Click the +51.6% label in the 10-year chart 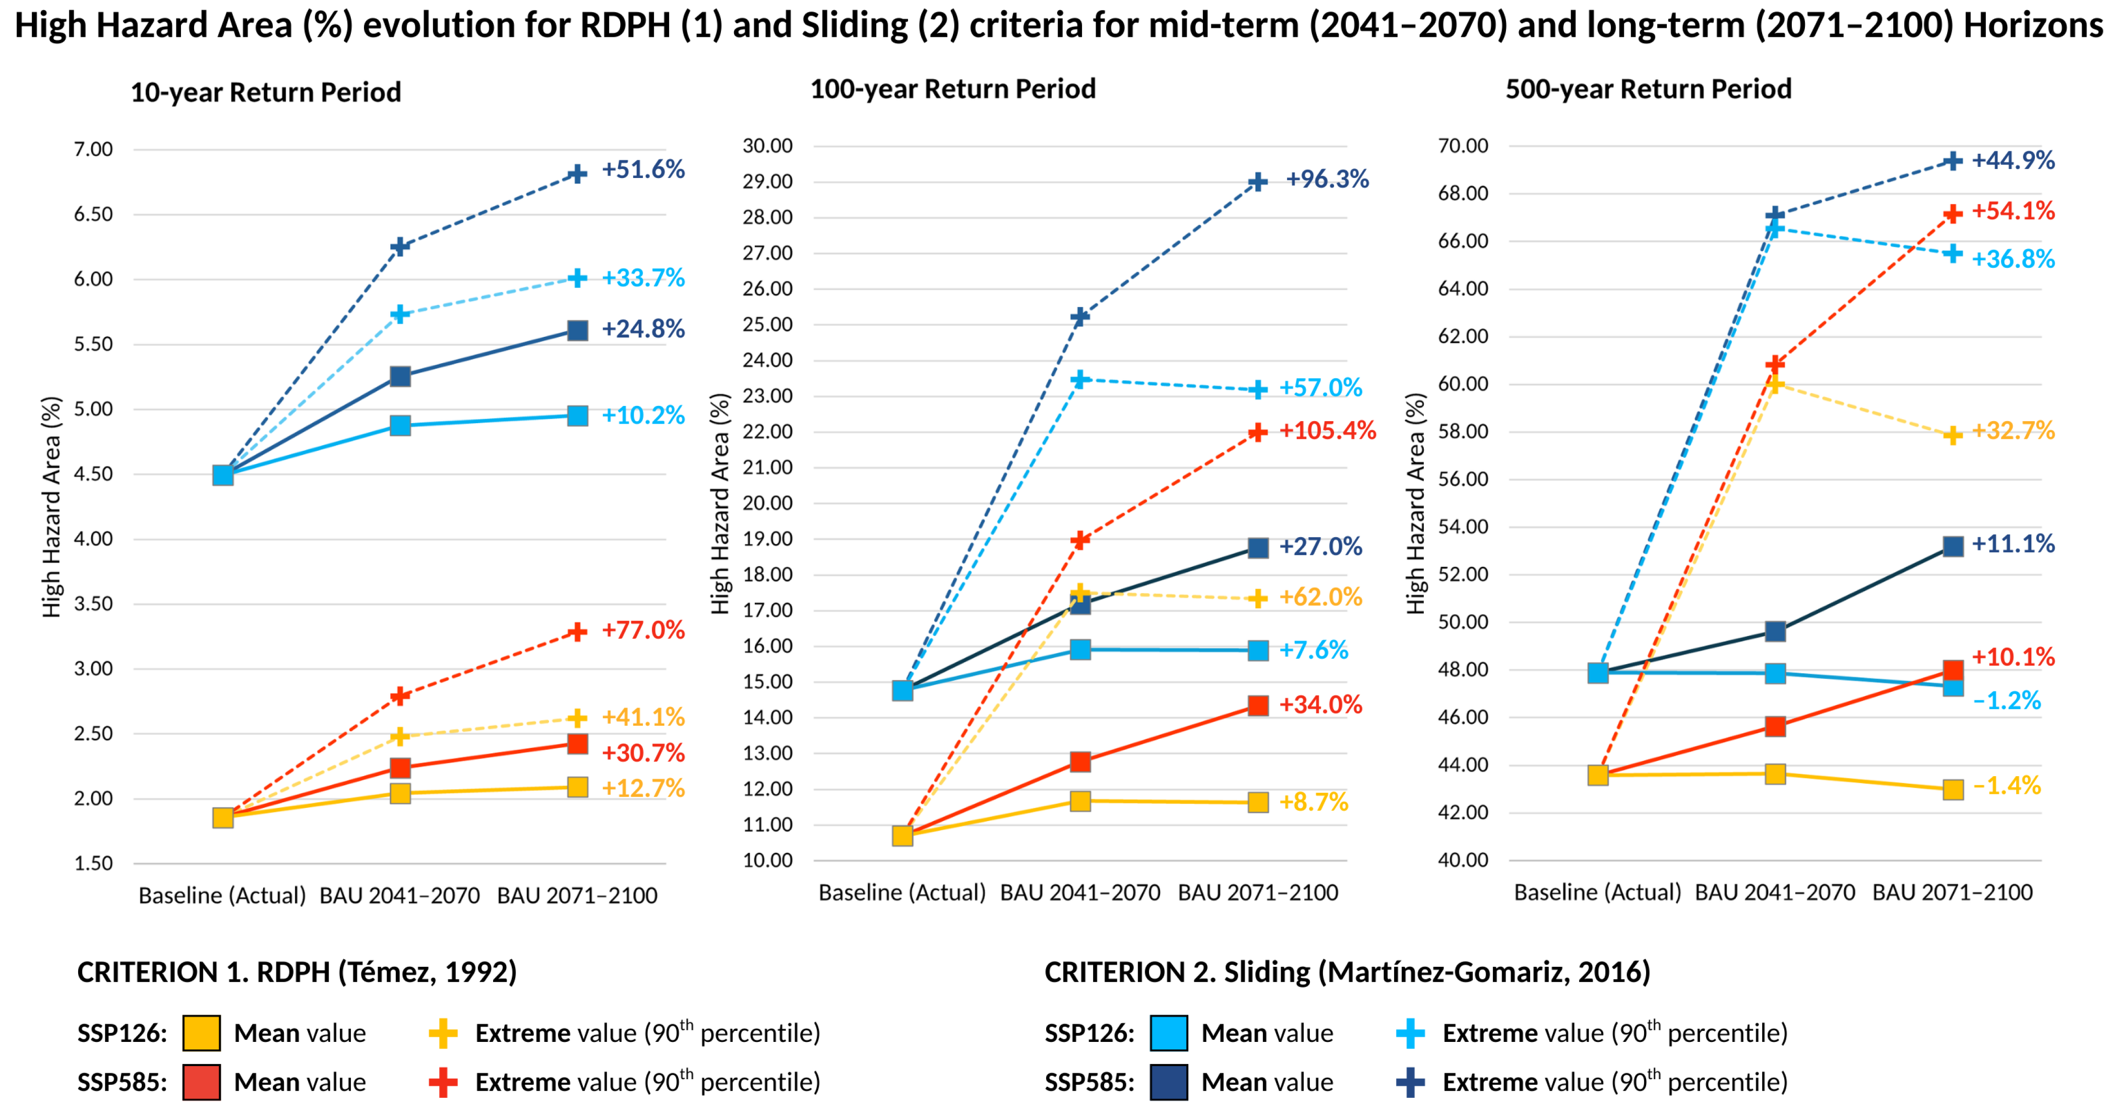point(643,170)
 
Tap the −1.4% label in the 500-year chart point(2007,786)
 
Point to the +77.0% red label point(643,630)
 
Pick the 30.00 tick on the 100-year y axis point(767,146)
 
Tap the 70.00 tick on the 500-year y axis point(1463,146)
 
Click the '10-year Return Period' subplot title point(266,92)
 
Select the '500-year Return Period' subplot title point(1648,89)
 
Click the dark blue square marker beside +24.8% point(578,331)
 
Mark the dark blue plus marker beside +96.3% point(1257,182)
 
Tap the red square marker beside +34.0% point(1258,706)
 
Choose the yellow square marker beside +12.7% point(578,788)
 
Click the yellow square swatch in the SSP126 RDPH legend point(201,1033)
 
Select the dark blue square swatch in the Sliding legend point(1169,1082)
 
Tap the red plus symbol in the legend point(443,1082)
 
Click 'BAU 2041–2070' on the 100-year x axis point(1080,893)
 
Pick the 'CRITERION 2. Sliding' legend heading point(1347,972)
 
